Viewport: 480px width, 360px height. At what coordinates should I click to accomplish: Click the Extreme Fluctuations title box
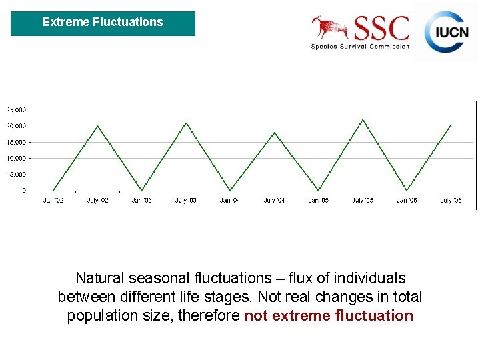point(103,23)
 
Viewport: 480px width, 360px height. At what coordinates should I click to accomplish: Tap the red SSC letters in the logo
point(381,29)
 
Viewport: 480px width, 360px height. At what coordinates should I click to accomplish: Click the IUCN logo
point(447,31)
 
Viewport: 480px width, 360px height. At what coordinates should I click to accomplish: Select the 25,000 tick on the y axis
point(16,109)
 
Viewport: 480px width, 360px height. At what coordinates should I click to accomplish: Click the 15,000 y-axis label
point(16,142)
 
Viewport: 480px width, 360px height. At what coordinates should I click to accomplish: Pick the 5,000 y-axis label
point(17,175)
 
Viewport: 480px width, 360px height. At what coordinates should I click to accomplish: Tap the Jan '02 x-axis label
point(53,200)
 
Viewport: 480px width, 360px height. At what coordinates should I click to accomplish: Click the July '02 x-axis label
point(98,200)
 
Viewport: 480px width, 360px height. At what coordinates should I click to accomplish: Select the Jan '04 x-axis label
point(230,200)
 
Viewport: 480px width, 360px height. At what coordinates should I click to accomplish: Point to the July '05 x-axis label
point(363,200)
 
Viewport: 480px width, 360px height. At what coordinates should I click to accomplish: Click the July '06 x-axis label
point(451,200)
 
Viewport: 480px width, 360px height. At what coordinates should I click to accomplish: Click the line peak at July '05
point(362,120)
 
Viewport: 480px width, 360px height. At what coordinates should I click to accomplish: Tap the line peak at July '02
point(98,126)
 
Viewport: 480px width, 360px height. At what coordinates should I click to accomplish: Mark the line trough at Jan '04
point(230,190)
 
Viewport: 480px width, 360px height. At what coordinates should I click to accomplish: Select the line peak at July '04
point(274,133)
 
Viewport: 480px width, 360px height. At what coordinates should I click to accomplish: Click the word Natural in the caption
point(101,278)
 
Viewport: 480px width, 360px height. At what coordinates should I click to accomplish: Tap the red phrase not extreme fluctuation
point(329,315)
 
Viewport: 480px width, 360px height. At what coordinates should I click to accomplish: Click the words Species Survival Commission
point(360,46)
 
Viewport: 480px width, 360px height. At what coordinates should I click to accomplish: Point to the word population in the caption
point(101,315)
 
